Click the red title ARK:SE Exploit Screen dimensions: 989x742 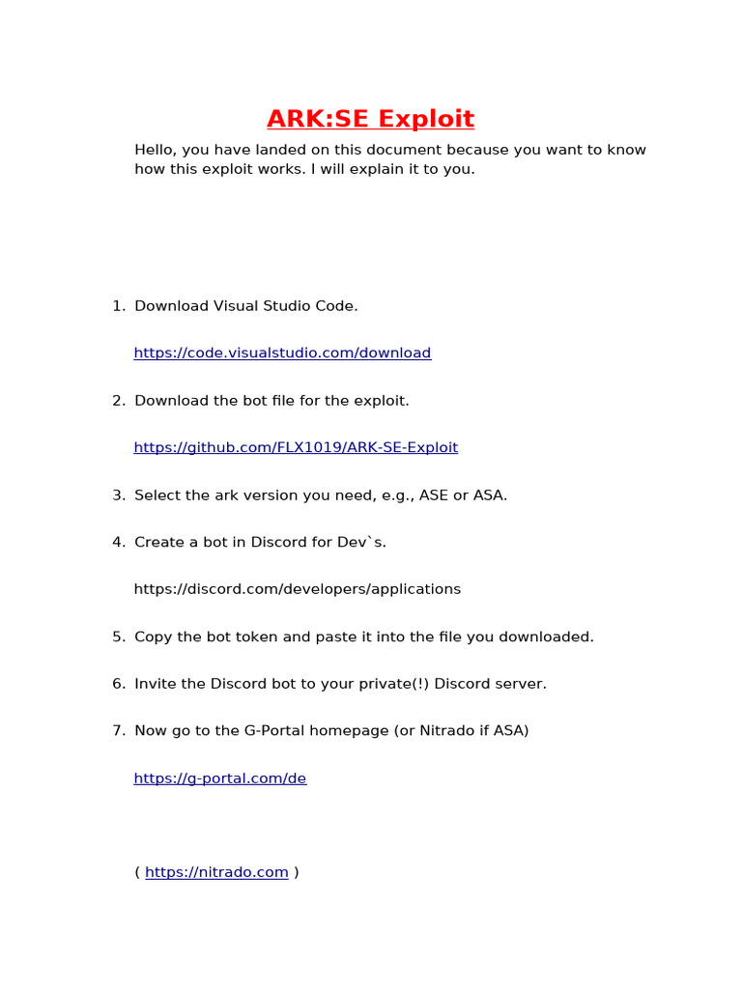point(370,119)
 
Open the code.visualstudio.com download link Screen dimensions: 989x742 point(282,353)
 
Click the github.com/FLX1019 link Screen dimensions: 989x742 point(296,448)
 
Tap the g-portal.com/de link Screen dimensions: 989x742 point(220,778)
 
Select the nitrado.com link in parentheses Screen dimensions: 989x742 point(216,873)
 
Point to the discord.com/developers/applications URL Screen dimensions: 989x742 point(298,589)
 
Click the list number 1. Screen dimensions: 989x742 point(117,306)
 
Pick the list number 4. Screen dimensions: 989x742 point(117,543)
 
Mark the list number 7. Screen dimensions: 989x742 point(117,731)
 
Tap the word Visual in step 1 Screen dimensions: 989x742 point(235,306)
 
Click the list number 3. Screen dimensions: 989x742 point(117,495)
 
